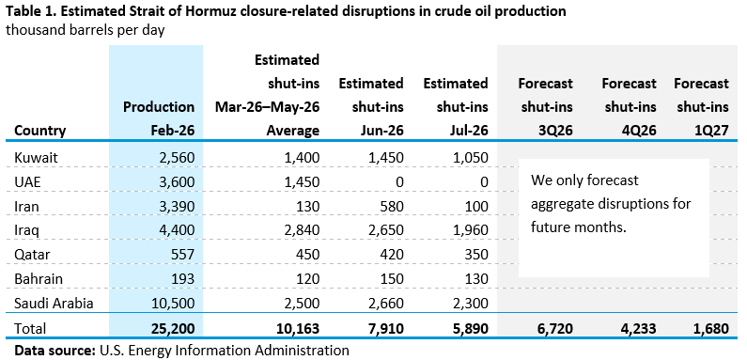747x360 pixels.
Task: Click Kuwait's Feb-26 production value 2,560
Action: click(177, 158)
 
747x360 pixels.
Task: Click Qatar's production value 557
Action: click(182, 255)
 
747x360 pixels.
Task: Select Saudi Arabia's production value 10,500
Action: click(174, 304)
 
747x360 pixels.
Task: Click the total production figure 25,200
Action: click(174, 329)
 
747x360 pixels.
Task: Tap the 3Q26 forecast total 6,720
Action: click(553, 329)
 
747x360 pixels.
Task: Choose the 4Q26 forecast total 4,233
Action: click(637, 329)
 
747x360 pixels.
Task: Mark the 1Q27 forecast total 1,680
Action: click(709, 329)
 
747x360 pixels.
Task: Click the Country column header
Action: click(40, 130)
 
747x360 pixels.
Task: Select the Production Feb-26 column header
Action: click(159, 118)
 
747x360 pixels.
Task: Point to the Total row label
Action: click(30, 329)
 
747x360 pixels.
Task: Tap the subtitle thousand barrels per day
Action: click(86, 30)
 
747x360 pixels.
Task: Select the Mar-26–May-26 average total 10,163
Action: click(298, 329)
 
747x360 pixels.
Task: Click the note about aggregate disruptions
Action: click(611, 204)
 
